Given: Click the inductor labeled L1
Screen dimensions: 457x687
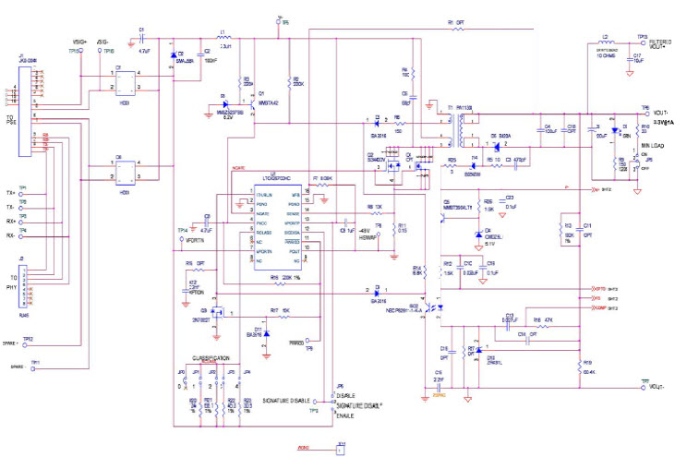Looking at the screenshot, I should (225, 40).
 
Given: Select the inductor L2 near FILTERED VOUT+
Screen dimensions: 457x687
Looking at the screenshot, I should (607, 42).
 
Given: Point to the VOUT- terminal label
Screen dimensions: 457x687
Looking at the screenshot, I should (657, 387).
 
